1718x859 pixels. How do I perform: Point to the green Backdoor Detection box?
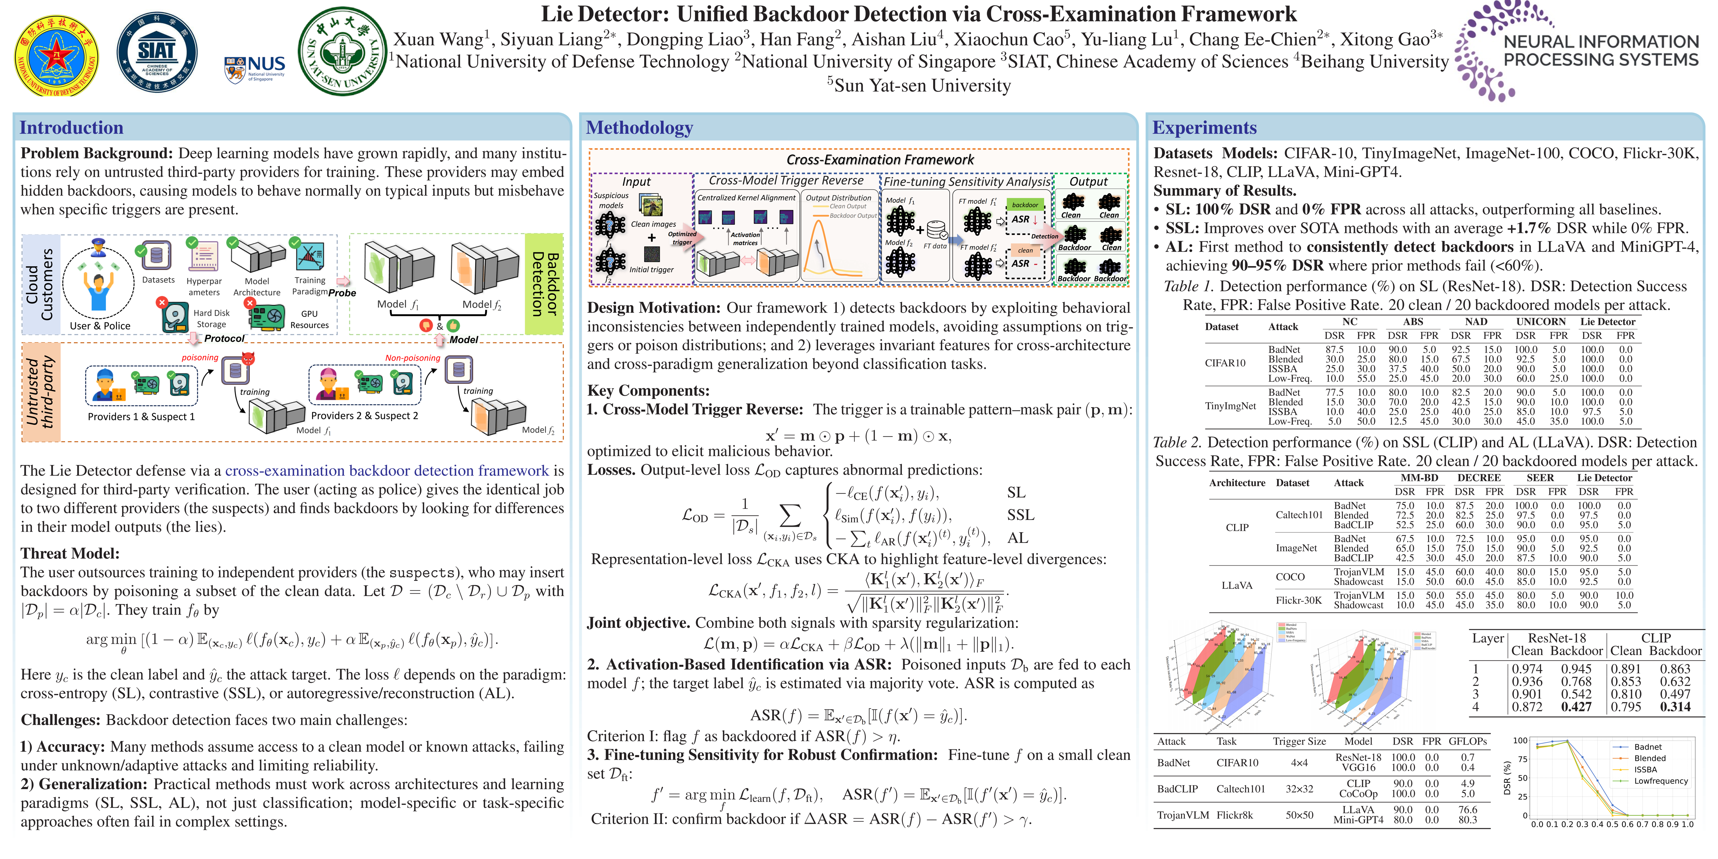tap(544, 284)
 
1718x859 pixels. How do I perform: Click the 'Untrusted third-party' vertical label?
tap(40, 392)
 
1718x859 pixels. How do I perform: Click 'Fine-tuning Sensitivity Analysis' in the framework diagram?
tap(966, 182)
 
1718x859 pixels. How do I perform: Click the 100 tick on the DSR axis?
tap(1520, 740)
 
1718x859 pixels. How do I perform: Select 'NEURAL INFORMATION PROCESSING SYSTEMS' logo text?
tap(1601, 51)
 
